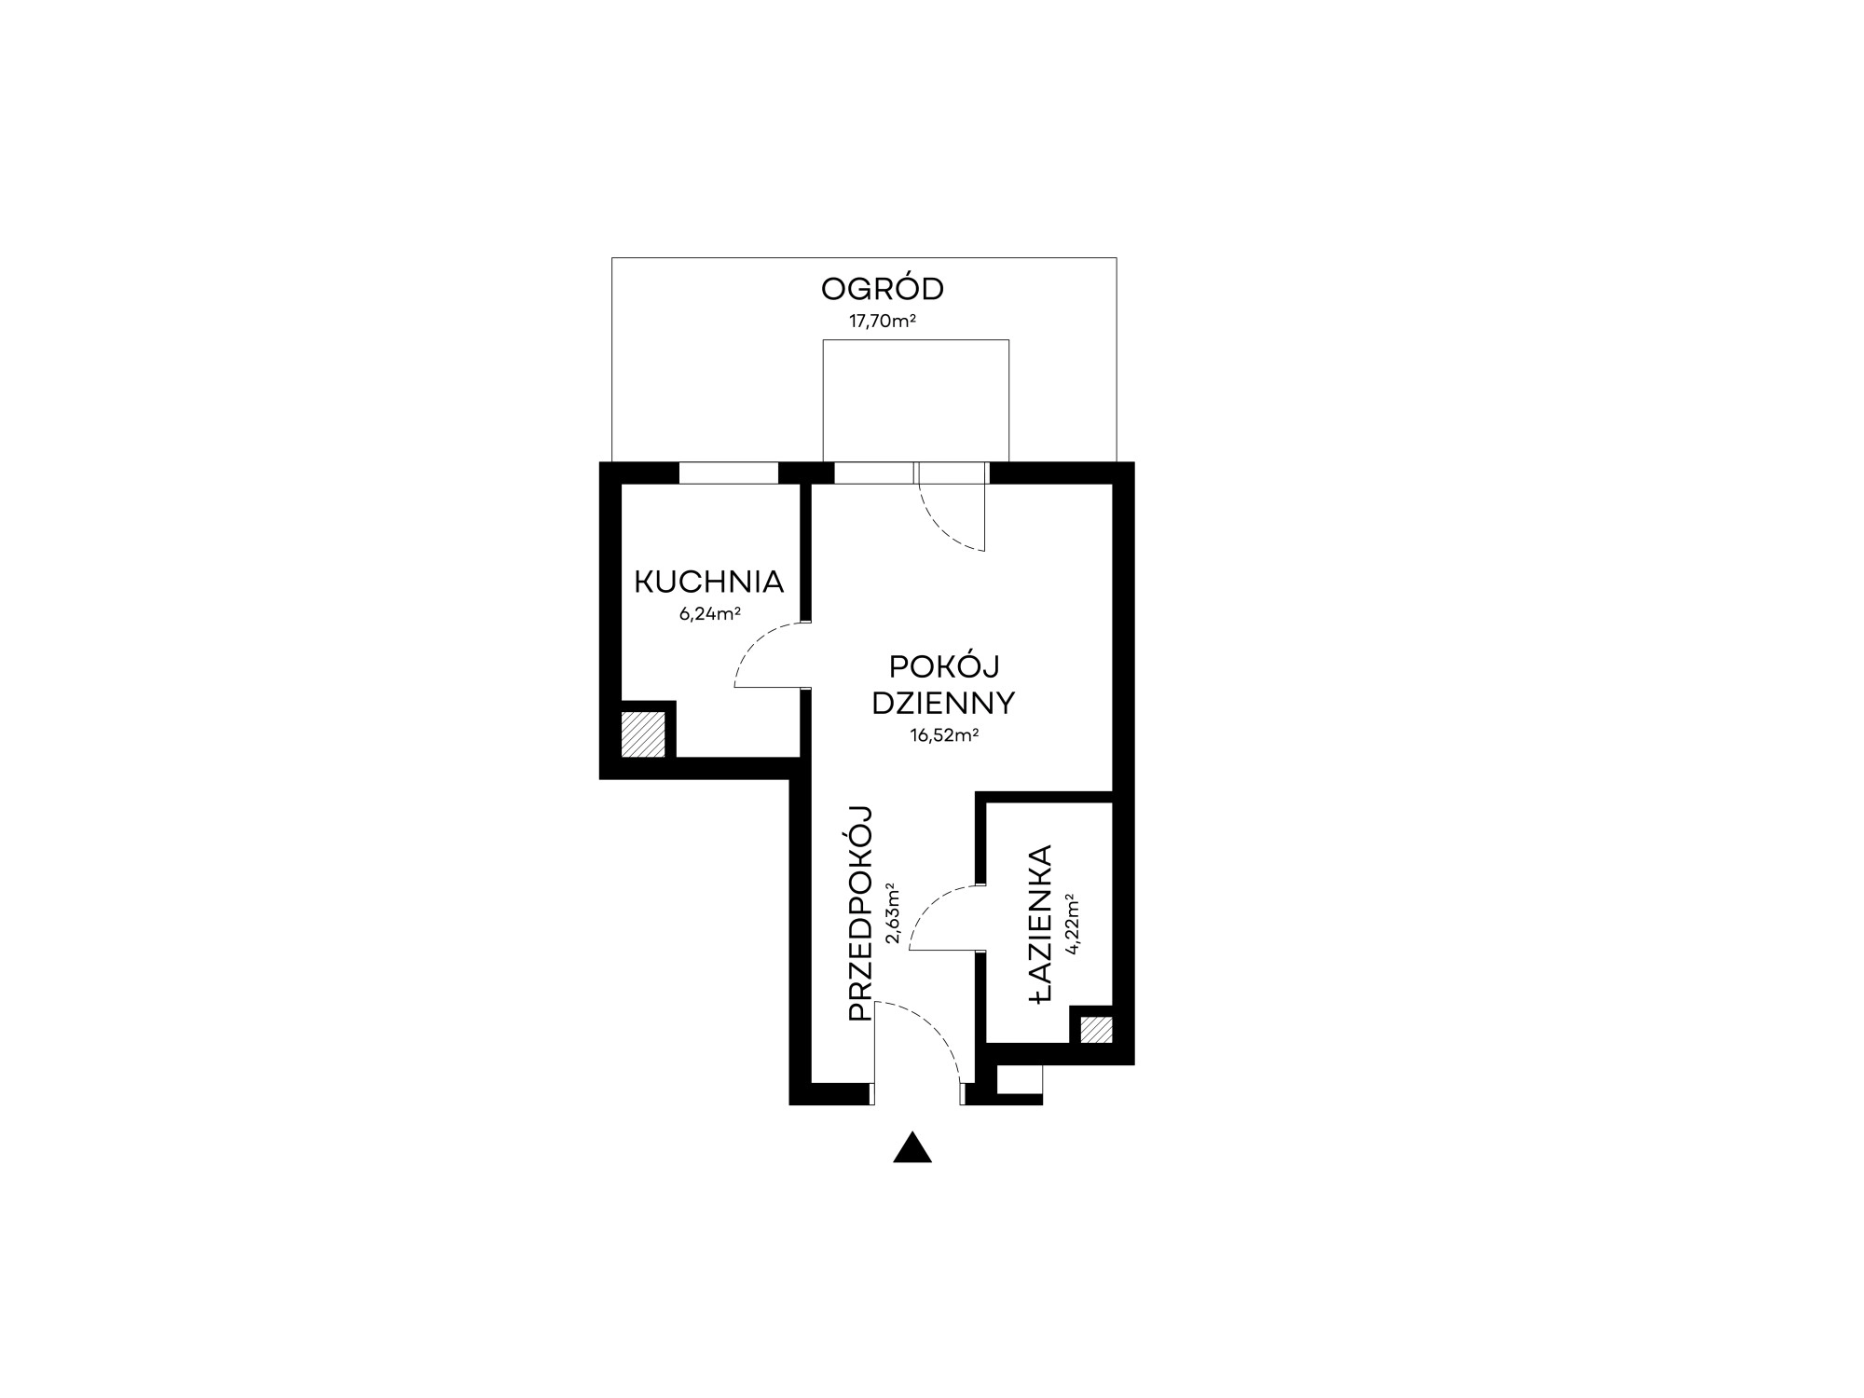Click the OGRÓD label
click(x=882, y=289)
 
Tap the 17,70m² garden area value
click(x=882, y=322)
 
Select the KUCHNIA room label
click(x=708, y=582)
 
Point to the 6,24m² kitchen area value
click(x=709, y=613)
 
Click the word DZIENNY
click(x=943, y=703)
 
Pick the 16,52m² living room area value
click(x=944, y=735)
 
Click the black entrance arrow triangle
click(x=912, y=1147)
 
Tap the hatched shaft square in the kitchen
click(x=643, y=733)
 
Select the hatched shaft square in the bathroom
click(x=1096, y=1030)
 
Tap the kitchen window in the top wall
click(x=728, y=473)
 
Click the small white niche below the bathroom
click(x=1020, y=1079)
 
